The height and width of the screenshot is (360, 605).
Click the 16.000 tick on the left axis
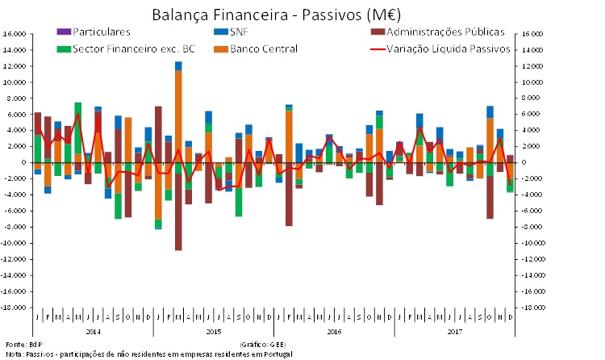coord(14,34)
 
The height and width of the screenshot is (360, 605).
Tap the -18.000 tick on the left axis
coord(13,308)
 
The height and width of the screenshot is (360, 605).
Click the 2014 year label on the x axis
coord(93,331)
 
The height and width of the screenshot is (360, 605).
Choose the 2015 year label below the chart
coord(213,331)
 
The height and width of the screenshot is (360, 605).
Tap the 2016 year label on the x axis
coord(334,331)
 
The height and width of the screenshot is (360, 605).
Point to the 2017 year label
coord(454,331)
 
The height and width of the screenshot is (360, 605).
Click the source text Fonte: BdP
coord(17,344)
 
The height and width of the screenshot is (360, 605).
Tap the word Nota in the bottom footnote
coord(13,354)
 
